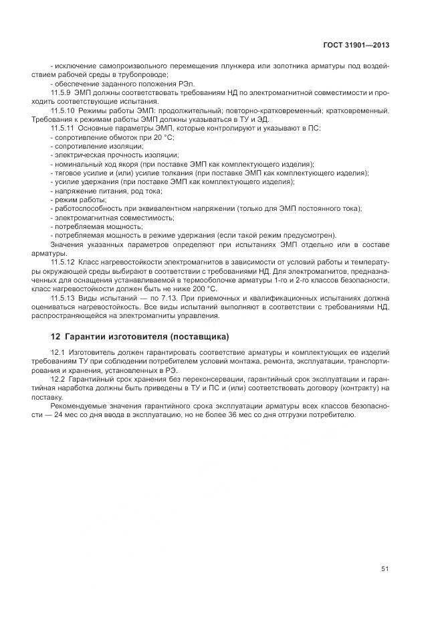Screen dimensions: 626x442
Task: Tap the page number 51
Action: pyautogui.click(x=384, y=569)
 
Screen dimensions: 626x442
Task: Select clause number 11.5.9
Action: pyautogui.click(x=61, y=92)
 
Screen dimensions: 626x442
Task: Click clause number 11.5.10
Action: pyautogui.click(x=63, y=110)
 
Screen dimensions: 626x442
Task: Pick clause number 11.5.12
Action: pyautogui.click(x=63, y=260)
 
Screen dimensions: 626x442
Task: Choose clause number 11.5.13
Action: pyautogui.click(x=63, y=297)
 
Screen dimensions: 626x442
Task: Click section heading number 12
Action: pyautogui.click(x=56, y=336)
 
